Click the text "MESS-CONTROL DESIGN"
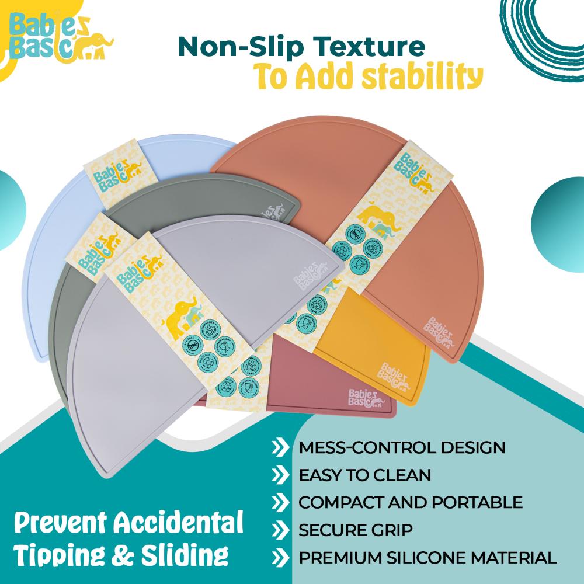tap(402, 448)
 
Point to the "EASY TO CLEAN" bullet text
tap(364, 475)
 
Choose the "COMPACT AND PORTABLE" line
tap(410, 502)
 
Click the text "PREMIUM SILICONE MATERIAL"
tap(427, 557)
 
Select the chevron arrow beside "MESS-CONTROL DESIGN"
tap(280, 449)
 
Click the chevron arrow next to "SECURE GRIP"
tap(280, 530)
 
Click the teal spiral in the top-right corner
tap(540, 26)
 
